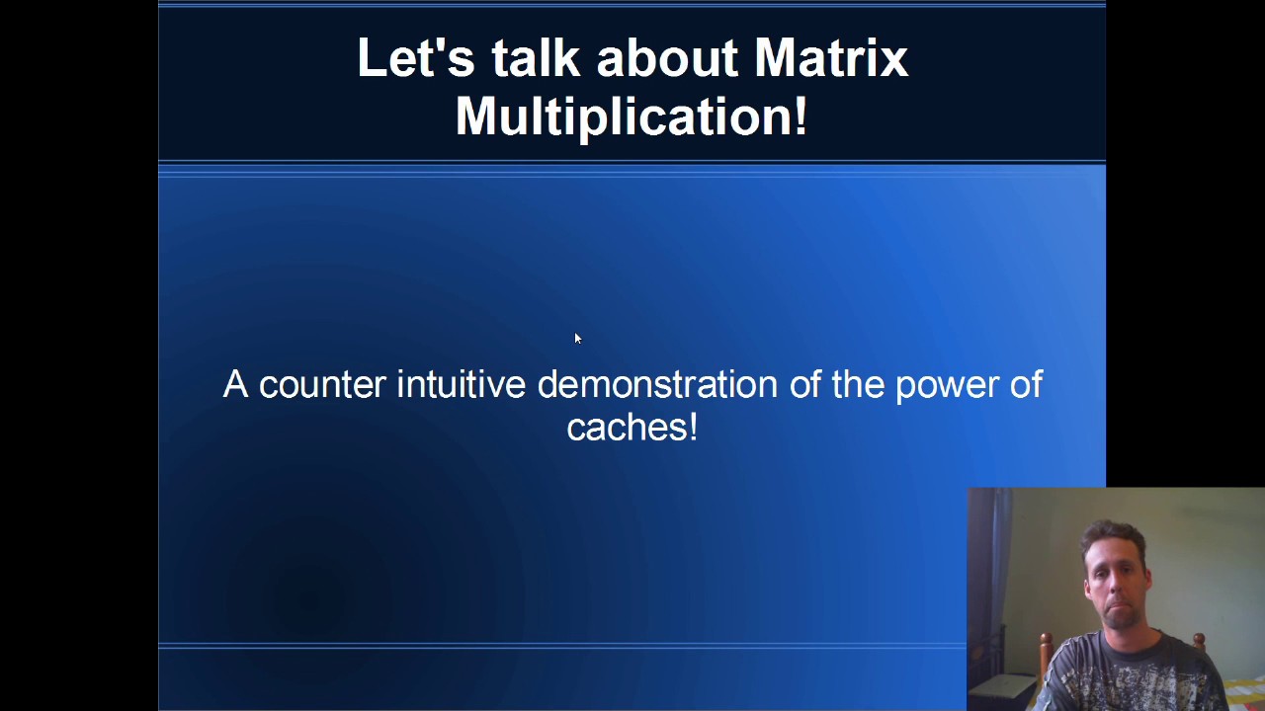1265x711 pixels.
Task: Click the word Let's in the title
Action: click(416, 57)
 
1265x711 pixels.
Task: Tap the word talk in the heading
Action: click(536, 57)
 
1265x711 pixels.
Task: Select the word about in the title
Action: click(667, 57)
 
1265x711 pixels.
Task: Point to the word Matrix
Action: click(831, 57)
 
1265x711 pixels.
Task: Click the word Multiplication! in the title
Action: click(632, 117)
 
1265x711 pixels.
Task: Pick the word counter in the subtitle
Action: click(322, 385)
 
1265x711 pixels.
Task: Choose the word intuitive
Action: click(462, 384)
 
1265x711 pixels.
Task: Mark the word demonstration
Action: click(657, 384)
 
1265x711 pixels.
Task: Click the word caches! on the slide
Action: click(632, 427)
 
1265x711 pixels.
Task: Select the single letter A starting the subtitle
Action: click(235, 384)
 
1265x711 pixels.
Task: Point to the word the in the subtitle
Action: click(859, 384)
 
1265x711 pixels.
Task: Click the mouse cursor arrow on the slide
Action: click(578, 338)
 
